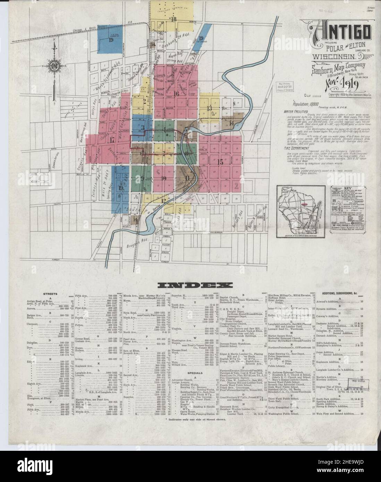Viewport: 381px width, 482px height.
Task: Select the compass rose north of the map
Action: point(54,65)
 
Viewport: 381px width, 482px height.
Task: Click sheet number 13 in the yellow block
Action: point(209,108)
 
